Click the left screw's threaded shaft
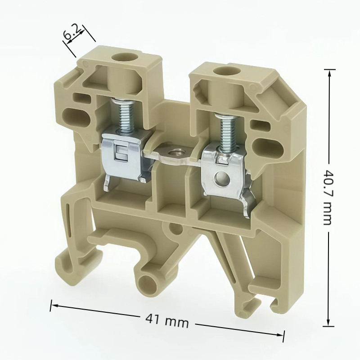point(121,115)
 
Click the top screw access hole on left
point(122,58)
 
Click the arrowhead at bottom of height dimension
point(329,323)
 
